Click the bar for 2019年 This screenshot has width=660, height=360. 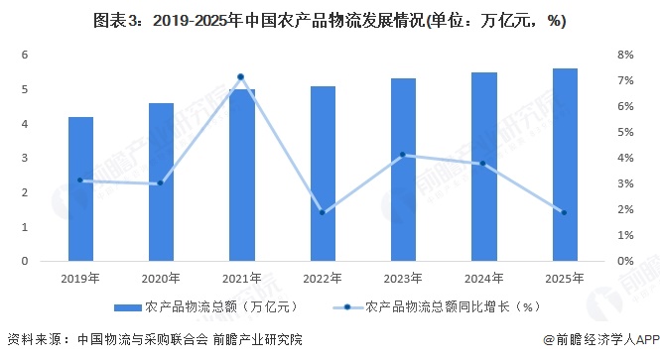tap(80, 188)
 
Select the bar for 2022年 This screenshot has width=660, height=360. tap(323, 174)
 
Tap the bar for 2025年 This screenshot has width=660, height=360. tap(565, 165)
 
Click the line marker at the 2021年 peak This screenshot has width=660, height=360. tap(241, 77)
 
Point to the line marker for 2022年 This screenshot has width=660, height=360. tap(323, 212)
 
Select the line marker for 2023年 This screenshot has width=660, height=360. tap(403, 155)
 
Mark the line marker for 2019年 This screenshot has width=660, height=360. tap(80, 180)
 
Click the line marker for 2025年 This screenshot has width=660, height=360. tap(565, 212)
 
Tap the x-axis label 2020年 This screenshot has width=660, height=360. tap(161, 279)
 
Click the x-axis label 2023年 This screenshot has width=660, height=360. tap(403, 279)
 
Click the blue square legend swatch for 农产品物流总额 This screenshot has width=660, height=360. tap(127, 307)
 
